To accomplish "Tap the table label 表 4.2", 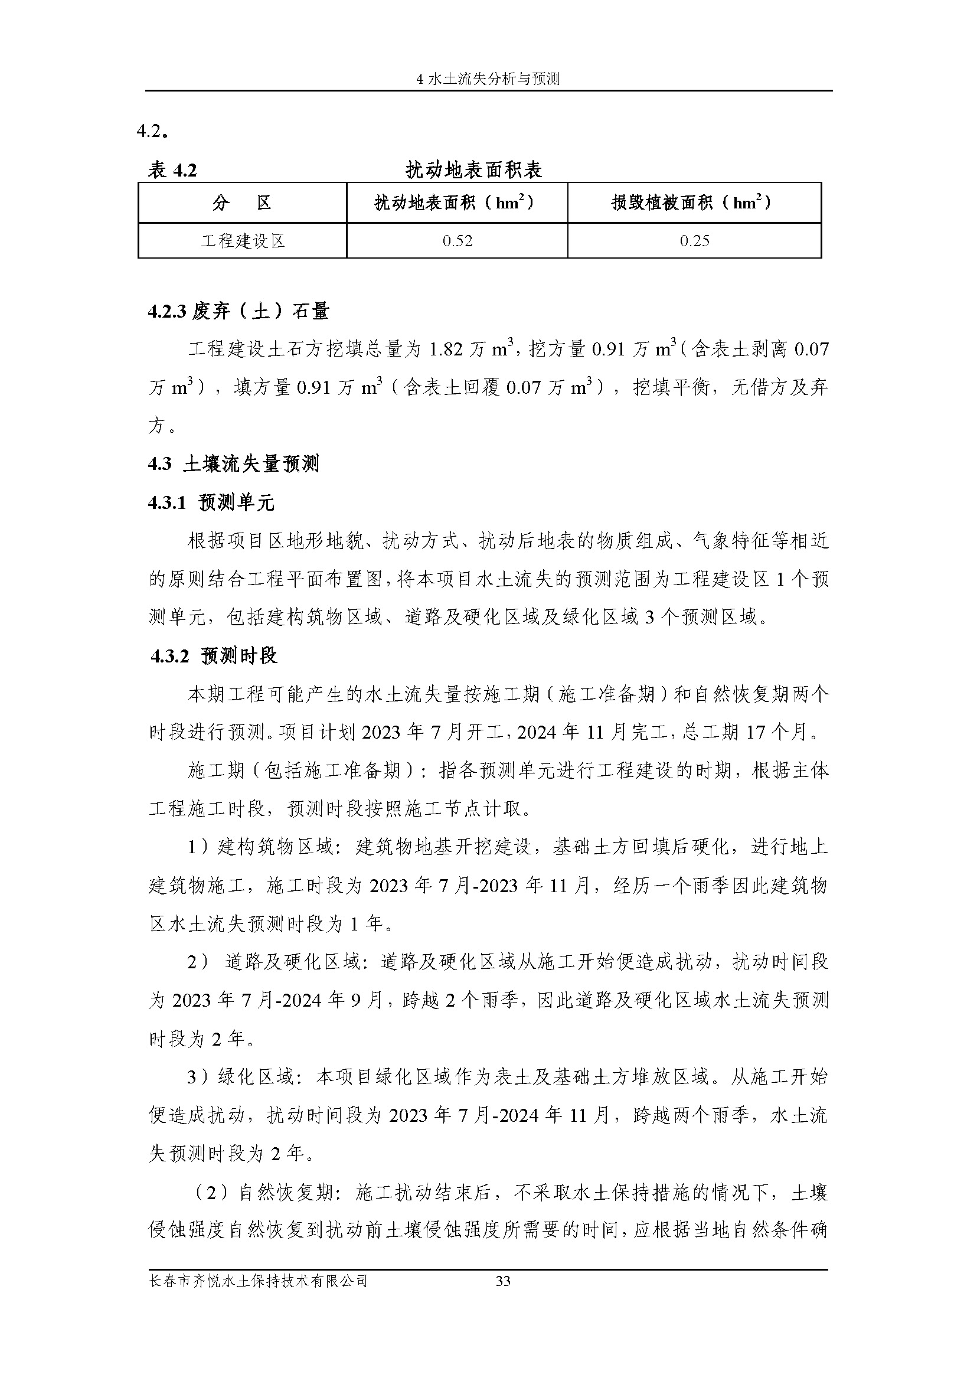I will click(x=172, y=170).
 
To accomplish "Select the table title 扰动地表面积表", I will click(x=474, y=170).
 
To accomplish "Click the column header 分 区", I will click(x=242, y=203).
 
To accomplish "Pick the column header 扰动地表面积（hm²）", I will click(x=456, y=203).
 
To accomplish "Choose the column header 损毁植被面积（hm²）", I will click(x=694, y=203).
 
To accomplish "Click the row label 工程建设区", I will click(x=242, y=241).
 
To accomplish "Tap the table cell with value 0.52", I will click(x=458, y=241).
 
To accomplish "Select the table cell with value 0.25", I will click(x=694, y=241).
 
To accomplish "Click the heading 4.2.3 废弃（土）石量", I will click(x=239, y=311).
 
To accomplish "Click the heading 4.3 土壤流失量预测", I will click(x=233, y=464).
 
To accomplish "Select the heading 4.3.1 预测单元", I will click(x=211, y=502).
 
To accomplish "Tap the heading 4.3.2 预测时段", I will click(x=214, y=656).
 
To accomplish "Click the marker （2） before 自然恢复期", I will click(x=214, y=1192).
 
